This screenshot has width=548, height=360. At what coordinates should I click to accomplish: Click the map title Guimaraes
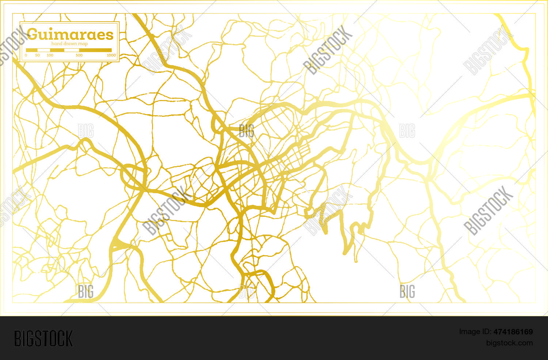pyautogui.click(x=70, y=35)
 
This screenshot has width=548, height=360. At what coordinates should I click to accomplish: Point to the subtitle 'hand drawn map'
pyautogui.click(x=69, y=44)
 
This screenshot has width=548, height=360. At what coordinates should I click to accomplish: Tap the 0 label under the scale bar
pyautogui.click(x=26, y=55)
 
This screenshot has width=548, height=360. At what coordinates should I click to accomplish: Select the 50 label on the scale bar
pyautogui.click(x=38, y=55)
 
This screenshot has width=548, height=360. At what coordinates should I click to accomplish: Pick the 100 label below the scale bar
pyautogui.click(x=50, y=55)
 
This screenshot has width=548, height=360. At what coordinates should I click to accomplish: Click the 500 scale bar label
pyautogui.click(x=79, y=55)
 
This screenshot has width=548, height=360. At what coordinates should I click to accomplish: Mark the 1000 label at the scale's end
pyautogui.click(x=111, y=55)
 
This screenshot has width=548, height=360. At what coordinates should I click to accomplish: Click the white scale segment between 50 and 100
pyautogui.click(x=44, y=50)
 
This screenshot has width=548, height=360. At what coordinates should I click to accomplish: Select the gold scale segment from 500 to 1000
pyautogui.click(x=95, y=50)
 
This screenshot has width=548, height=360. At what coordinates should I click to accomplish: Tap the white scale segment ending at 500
pyautogui.click(x=72, y=50)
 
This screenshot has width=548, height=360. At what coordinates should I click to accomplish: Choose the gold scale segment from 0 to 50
pyautogui.click(x=32, y=50)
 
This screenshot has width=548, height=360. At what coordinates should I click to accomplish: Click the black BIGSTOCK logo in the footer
pyautogui.click(x=43, y=338)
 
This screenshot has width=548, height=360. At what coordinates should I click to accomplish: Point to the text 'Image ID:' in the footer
pyautogui.click(x=475, y=332)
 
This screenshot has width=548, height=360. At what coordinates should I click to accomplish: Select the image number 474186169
pyautogui.click(x=513, y=332)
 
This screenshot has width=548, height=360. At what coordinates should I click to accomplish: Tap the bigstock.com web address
pyautogui.click(x=509, y=343)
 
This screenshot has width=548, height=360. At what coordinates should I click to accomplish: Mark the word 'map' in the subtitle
pyautogui.click(x=83, y=44)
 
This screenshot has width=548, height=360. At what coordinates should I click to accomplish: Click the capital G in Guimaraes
pyautogui.click(x=32, y=34)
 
